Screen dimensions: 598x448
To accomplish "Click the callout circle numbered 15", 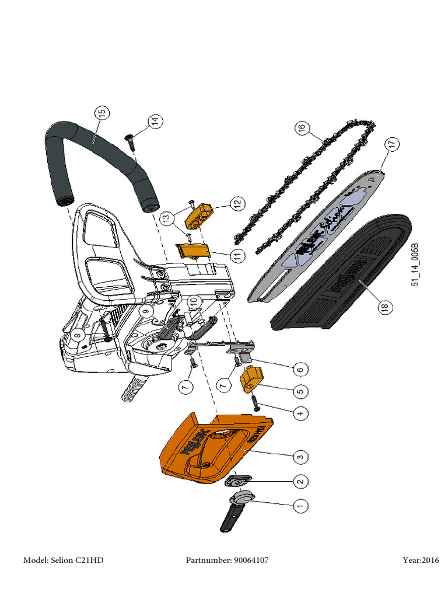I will pos(101,113).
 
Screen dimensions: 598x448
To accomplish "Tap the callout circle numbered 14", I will pos(154,122).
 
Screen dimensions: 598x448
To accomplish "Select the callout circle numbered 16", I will pos(301,127).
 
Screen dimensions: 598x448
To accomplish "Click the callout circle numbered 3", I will pos(300,456).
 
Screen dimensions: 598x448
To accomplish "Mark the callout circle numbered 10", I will pos(194,302).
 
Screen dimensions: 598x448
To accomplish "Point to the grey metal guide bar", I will pos(315,239).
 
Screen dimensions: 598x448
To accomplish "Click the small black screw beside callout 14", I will pos(130,139).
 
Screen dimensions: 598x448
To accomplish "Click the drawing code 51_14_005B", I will pos(415,265).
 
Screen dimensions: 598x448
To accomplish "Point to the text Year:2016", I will pos(421,561).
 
